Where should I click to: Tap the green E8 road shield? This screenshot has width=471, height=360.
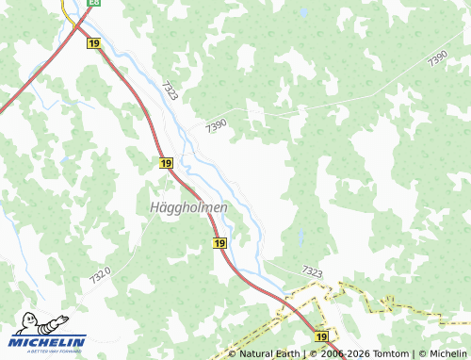coord(93,3)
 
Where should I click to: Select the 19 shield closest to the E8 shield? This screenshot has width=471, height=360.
coord(92,43)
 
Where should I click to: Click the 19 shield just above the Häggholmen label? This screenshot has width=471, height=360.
coord(167,163)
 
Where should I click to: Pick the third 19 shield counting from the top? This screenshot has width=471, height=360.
coord(219,243)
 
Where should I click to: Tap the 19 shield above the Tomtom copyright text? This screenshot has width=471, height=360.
coord(322,336)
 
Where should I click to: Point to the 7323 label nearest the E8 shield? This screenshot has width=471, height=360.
coord(171,90)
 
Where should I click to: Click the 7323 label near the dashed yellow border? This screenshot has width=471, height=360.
coord(312,271)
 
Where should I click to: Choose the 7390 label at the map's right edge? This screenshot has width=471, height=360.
coord(437,58)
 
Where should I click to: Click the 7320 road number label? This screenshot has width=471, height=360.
coord(101,275)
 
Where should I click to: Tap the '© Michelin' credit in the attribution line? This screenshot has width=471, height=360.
coord(442,353)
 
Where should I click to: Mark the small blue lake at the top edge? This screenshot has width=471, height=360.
coord(302,13)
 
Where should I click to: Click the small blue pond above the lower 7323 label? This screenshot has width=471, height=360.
coord(300,237)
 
